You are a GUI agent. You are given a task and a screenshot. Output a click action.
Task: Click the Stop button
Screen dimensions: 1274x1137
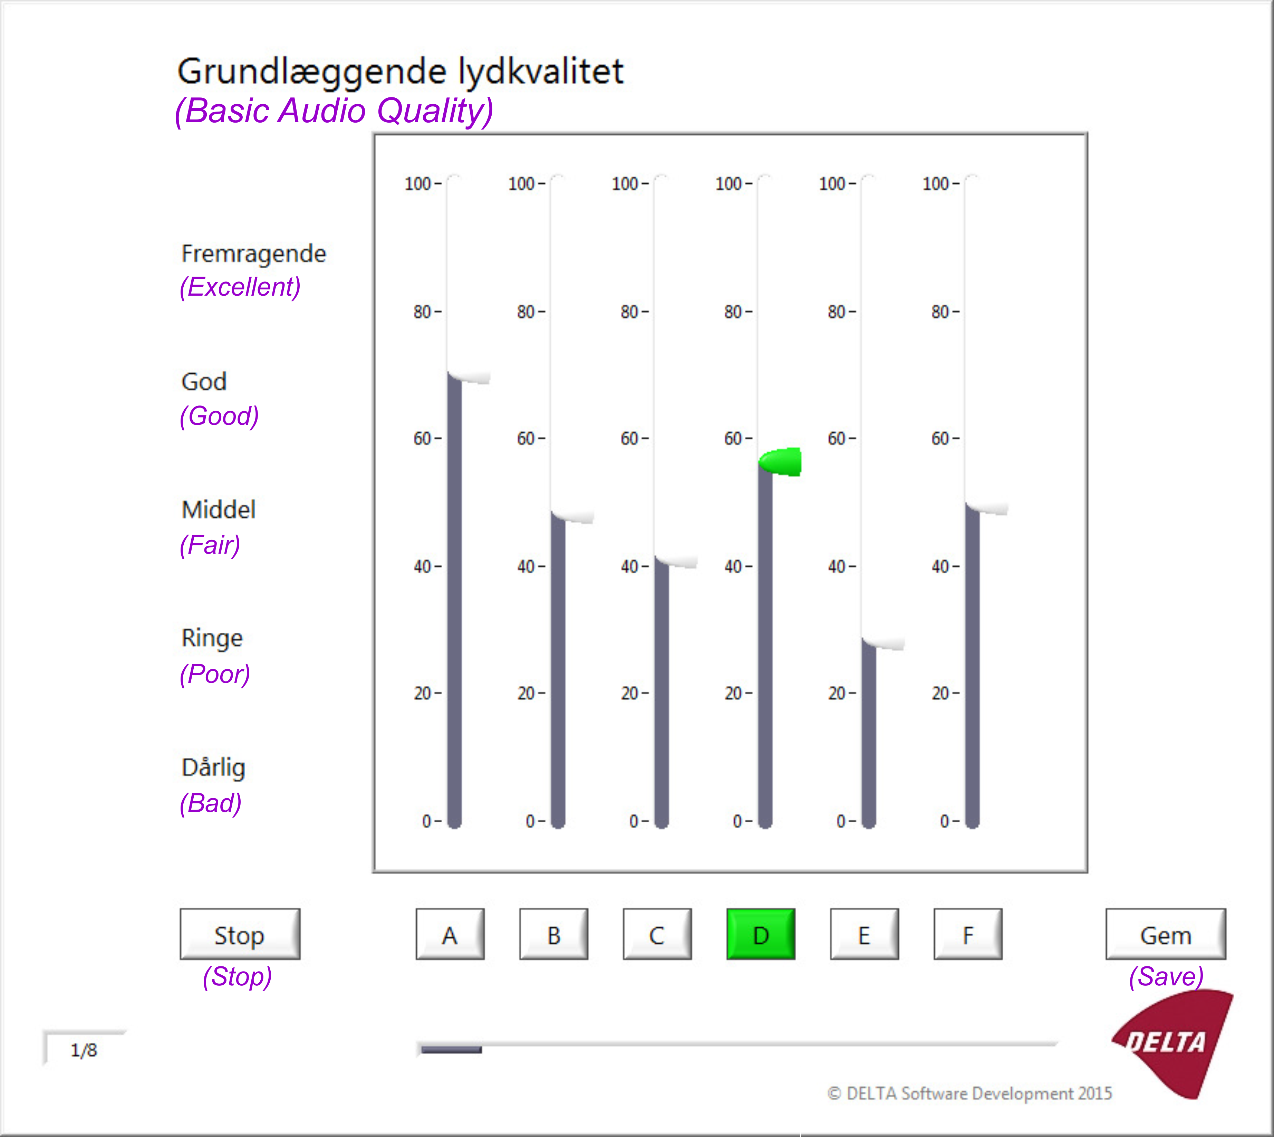[240, 934]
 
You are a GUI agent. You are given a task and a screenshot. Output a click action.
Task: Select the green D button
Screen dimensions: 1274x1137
[761, 934]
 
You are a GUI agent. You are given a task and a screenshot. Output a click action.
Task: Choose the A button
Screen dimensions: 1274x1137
[450, 934]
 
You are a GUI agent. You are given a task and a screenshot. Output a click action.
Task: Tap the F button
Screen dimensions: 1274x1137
[968, 934]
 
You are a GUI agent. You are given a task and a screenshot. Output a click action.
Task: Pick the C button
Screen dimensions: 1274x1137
[657, 934]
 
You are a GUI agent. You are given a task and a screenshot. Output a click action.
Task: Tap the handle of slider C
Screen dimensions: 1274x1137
[676, 561]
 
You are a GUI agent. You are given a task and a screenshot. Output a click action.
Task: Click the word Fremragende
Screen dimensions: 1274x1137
[253, 254]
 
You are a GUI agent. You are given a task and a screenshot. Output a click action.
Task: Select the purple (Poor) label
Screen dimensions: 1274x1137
[215, 674]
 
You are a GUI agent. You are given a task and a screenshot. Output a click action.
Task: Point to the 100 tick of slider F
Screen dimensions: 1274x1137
[940, 184]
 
